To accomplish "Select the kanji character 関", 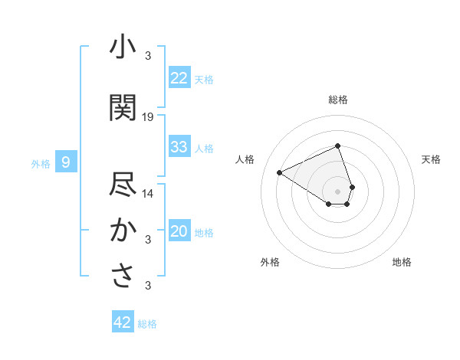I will pyautogui.click(x=123, y=108).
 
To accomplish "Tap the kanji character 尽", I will pyautogui.click(x=123, y=186).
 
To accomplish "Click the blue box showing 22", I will pyautogui.click(x=179, y=78).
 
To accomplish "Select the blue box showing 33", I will pyautogui.click(x=179, y=147).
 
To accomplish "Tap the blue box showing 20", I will pyautogui.click(x=179, y=232).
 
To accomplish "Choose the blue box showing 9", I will pyautogui.click(x=67, y=162).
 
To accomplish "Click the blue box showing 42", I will pyautogui.click(x=123, y=322).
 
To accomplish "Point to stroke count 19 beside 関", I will pyautogui.click(x=148, y=117).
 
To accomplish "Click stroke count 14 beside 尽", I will pyautogui.click(x=148, y=193).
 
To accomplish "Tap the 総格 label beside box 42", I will pyautogui.click(x=147, y=324).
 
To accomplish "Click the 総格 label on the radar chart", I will pyautogui.click(x=338, y=100).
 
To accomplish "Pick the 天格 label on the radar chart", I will pyautogui.click(x=431, y=159).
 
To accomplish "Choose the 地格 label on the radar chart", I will pyautogui.click(x=402, y=262).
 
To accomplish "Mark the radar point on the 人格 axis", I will pyautogui.click(x=280, y=172).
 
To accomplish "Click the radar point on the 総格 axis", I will pyautogui.click(x=338, y=146).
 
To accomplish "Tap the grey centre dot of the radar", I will pyautogui.click(x=338, y=191).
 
